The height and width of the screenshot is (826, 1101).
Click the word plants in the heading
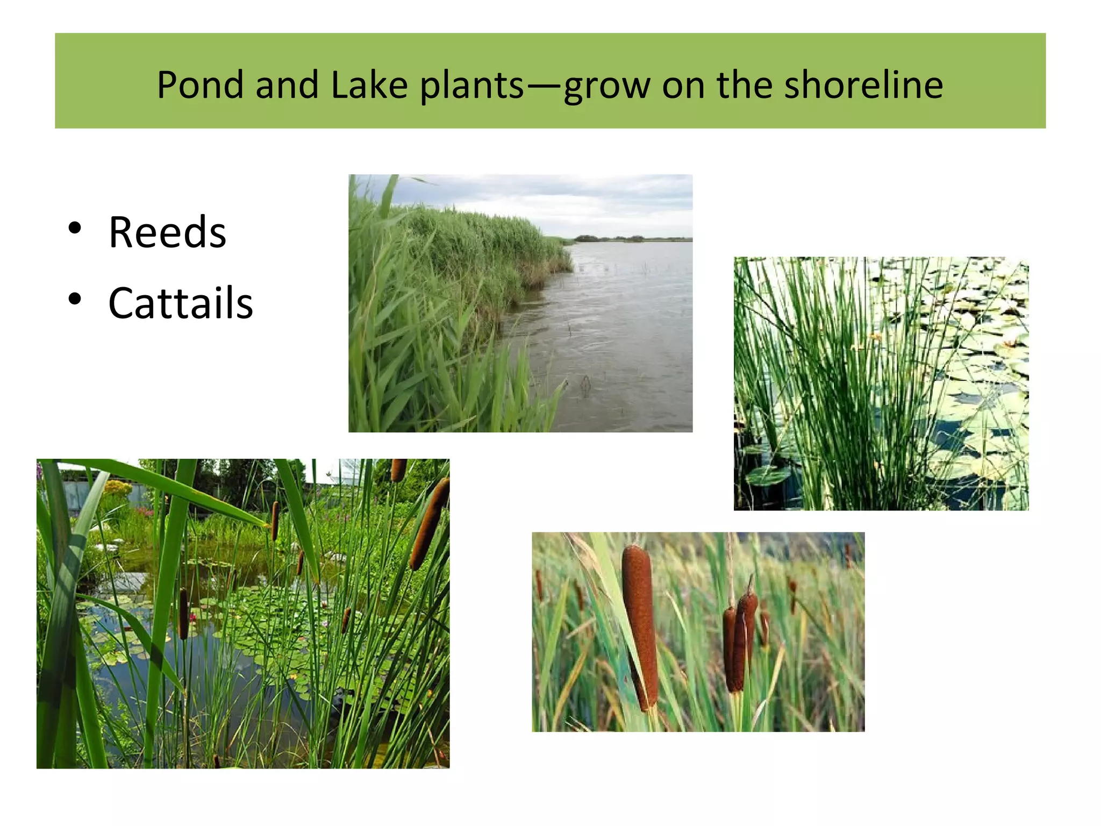click(471, 86)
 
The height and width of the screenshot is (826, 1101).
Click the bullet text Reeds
click(167, 232)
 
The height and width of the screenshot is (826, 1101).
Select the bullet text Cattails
click(181, 303)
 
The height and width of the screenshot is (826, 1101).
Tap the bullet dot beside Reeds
click(75, 228)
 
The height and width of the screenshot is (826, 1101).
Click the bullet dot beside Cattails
click(75, 299)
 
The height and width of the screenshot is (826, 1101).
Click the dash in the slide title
click(544, 86)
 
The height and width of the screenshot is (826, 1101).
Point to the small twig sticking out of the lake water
click(585, 384)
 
